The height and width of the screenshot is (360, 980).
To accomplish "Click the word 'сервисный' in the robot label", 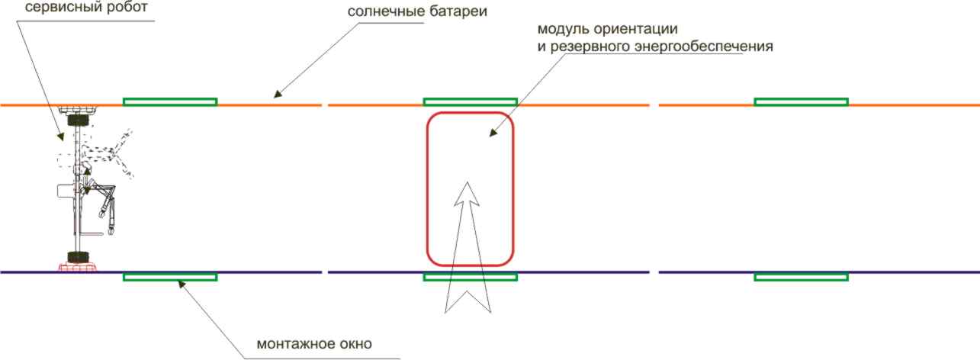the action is [x=58, y=7].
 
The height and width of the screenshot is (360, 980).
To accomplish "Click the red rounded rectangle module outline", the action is [x=471, y=189].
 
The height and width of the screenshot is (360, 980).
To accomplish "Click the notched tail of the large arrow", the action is [x=468, y=301].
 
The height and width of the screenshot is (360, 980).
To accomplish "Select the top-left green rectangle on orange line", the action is [x=170, y=102].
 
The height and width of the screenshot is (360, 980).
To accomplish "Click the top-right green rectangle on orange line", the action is [x=801, y=102].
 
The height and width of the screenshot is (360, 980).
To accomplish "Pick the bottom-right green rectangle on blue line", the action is [x=801, y=277].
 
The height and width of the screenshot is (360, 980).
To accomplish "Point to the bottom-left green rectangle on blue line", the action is [x=170, y=277].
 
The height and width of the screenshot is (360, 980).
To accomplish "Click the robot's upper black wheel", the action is [x=78, y=120].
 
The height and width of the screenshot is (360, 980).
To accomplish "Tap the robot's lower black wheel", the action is [x=78, y=257].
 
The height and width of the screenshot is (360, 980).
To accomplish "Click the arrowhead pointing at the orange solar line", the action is [x=278, y=94].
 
